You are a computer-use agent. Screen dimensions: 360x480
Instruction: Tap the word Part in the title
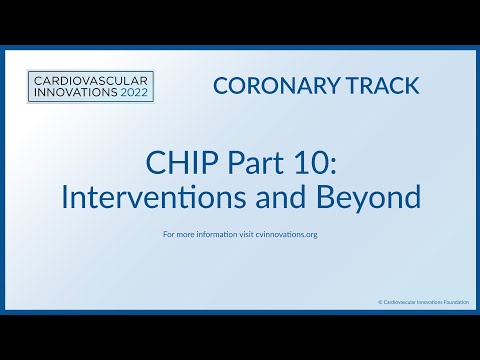point(245,162)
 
